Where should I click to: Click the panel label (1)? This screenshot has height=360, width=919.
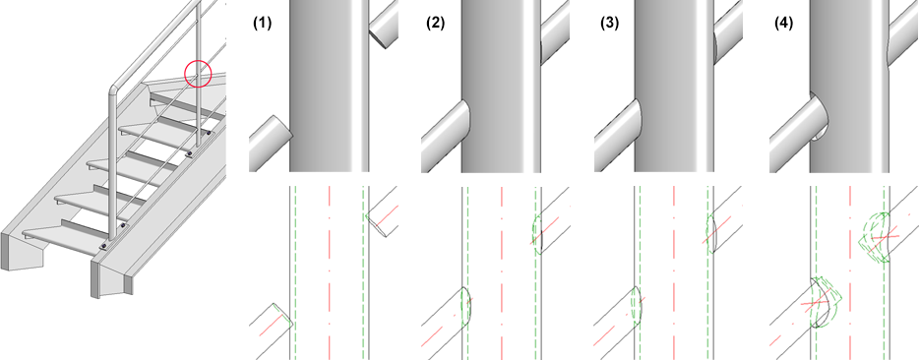point(261,24)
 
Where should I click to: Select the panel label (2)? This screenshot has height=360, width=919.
point(435,24)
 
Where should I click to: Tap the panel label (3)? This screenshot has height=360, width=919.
point(609,24)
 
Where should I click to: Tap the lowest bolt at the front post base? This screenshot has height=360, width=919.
point(103,246)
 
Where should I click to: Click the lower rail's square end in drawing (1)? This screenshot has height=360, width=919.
point(282,316)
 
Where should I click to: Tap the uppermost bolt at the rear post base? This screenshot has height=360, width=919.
point(209,135)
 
